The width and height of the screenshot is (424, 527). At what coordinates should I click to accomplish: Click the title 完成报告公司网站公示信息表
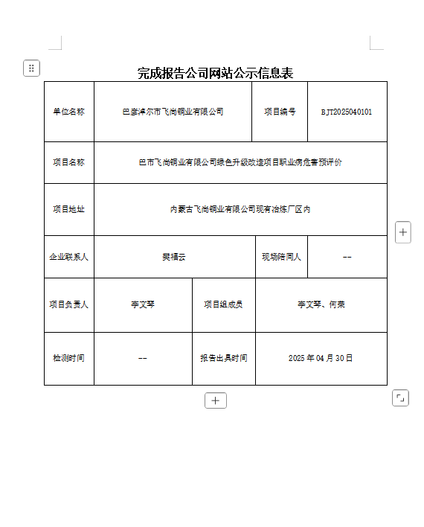(215, 73)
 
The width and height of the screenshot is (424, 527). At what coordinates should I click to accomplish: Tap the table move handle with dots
(31, 68)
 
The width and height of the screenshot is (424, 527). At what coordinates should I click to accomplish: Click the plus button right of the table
(402, 232)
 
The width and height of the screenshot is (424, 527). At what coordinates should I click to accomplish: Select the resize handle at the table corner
(400, 398)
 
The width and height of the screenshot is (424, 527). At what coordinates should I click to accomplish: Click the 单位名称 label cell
(68, 112)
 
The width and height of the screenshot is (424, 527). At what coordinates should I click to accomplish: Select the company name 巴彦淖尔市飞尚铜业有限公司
(173, 112)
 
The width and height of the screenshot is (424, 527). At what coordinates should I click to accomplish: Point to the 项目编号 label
(280, 112)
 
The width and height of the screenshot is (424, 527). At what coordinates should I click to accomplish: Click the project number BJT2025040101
(347, 112)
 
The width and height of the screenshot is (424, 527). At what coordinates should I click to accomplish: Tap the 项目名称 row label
(68, 162)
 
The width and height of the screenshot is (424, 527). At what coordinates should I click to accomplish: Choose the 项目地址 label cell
(68, 209)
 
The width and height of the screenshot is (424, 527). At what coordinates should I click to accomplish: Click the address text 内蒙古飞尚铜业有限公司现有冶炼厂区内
(240, 209)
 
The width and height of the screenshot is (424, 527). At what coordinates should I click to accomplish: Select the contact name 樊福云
(174, 257)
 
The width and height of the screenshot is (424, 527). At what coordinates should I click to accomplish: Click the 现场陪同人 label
(281, 257)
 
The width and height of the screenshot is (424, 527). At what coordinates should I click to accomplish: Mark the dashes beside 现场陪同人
(347, 257)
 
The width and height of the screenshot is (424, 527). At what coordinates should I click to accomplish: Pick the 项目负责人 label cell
(68, 304)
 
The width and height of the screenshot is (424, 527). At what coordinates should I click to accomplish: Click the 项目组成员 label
(223, 304)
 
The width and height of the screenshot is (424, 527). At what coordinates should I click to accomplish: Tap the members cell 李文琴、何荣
(321, 304)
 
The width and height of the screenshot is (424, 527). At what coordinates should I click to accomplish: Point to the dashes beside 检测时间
(143, 358)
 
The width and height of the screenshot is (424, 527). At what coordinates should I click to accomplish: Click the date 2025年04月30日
(321, 358)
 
